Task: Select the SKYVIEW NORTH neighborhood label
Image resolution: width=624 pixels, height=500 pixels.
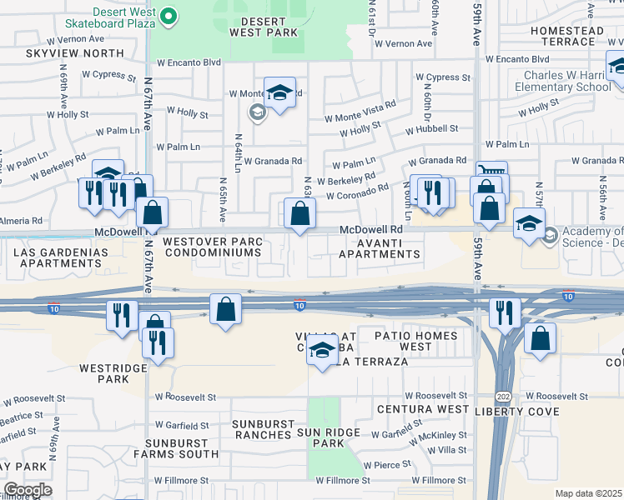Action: click(63, 53)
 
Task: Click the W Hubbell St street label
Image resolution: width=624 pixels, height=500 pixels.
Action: click(431, 128)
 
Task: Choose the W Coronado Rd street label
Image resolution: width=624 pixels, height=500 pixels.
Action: click(357, 196)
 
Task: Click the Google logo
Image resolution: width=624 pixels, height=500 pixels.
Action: click(28, 490)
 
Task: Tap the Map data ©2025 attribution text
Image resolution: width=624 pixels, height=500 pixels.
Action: click(588, 493)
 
